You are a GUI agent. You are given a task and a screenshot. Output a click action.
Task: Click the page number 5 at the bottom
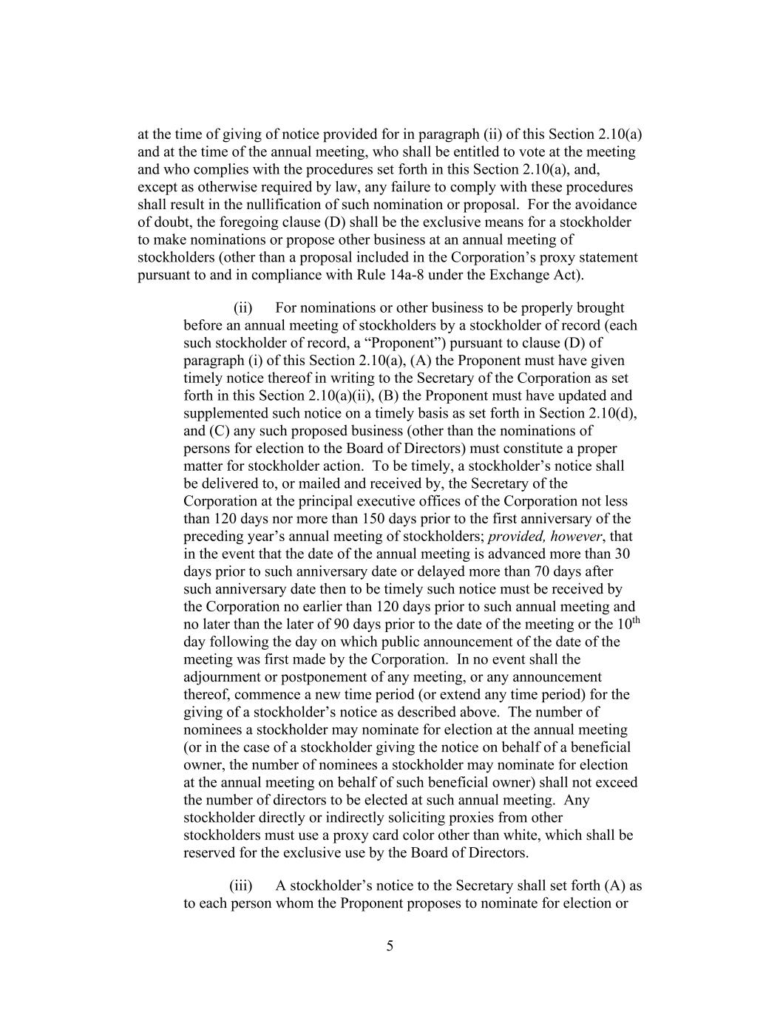point(390,946)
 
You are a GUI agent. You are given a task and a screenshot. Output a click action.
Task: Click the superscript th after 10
point(635,621)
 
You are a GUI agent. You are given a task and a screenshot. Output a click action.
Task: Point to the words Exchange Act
point(542,276)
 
